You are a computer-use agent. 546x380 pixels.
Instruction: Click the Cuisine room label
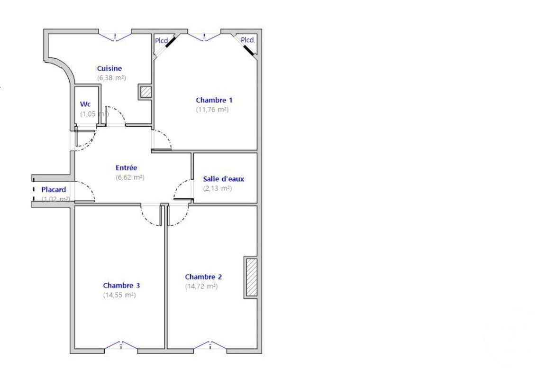tap(109, 68)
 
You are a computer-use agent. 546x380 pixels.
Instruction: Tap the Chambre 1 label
tap(214, 100)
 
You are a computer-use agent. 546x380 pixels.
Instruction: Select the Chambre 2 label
tap(203, 277)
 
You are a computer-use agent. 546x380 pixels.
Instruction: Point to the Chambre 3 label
tap(121, 286)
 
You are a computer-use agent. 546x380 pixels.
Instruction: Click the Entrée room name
tap(127, 167)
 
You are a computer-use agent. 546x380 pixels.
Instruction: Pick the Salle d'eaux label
tap(224, 179)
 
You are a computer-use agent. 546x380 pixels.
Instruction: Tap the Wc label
tap(85, 104)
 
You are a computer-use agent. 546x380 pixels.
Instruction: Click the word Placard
tap(54, 190)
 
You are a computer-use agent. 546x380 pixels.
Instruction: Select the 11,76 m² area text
tap(212, 110)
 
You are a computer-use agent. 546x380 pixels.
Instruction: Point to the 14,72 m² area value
tap(201, 286)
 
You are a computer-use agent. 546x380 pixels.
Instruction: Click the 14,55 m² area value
tap(119, 295)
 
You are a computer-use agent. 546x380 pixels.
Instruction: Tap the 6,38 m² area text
tap(111, 78)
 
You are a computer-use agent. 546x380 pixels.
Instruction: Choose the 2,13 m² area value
tap(218, 188)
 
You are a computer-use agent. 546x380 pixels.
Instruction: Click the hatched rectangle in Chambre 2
tap(251, 278)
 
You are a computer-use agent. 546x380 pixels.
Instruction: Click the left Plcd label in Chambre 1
tap(161, 41)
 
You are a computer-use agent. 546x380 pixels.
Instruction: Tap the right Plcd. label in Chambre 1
tap(248, 40)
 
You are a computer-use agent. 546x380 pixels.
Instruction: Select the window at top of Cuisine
tap(115, 36)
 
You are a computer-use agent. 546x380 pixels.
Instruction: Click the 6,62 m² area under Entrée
tap(130, 177)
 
